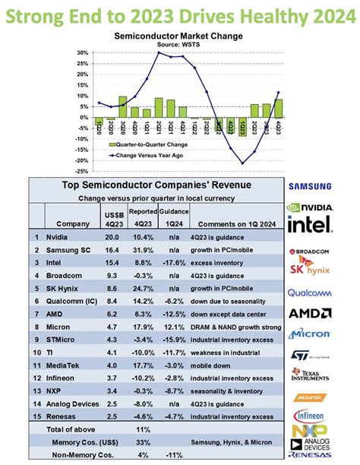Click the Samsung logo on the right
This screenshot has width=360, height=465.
(310, 186)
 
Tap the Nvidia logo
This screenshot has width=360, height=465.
(310, 206)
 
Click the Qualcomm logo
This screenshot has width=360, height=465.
(310, 294)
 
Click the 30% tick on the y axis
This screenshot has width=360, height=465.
(81, 52)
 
